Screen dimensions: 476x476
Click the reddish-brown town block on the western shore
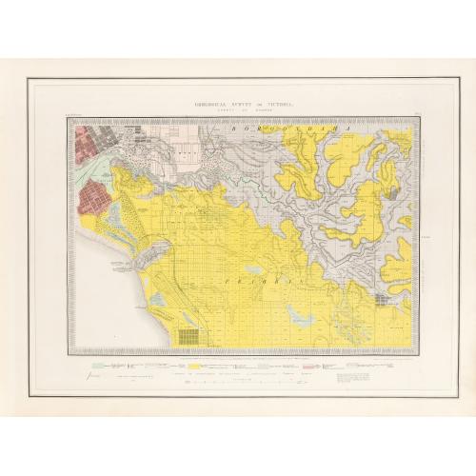click(x=96, y=201)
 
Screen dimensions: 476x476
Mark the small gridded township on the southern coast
click(x=189, y=337)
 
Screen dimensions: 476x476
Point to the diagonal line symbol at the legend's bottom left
click(x=91, y=379)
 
